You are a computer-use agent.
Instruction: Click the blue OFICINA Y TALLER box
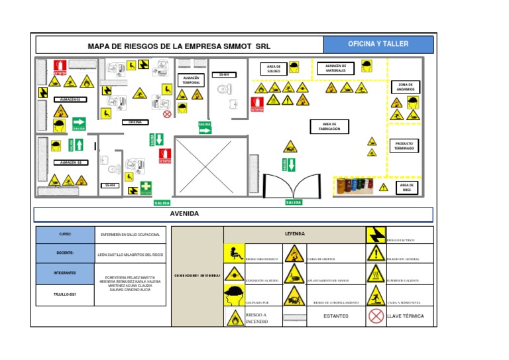(x=378, y=44)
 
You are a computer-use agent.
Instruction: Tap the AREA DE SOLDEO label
(x=274, y=68)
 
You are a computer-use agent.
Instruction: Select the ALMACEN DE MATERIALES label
(x=336, y=68)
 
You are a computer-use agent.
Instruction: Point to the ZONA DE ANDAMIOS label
(x=406, y=87)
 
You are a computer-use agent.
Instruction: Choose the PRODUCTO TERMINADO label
(x=404, y=146)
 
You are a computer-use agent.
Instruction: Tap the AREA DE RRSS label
(x=406, y=188)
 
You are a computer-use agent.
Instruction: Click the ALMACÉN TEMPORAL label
(x=191, y=80)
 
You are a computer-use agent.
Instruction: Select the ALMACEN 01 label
(x=70, y=99)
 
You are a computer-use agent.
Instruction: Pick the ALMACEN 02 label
(x=70, y=162)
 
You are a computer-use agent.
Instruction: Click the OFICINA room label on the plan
(x=135, y=123)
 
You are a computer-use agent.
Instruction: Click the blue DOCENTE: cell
(x=64, y=253)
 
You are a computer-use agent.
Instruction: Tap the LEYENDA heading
(x=295, y=234)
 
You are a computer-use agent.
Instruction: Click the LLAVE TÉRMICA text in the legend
(x=405, y=316)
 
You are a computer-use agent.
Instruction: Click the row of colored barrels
(x=355, y=186)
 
